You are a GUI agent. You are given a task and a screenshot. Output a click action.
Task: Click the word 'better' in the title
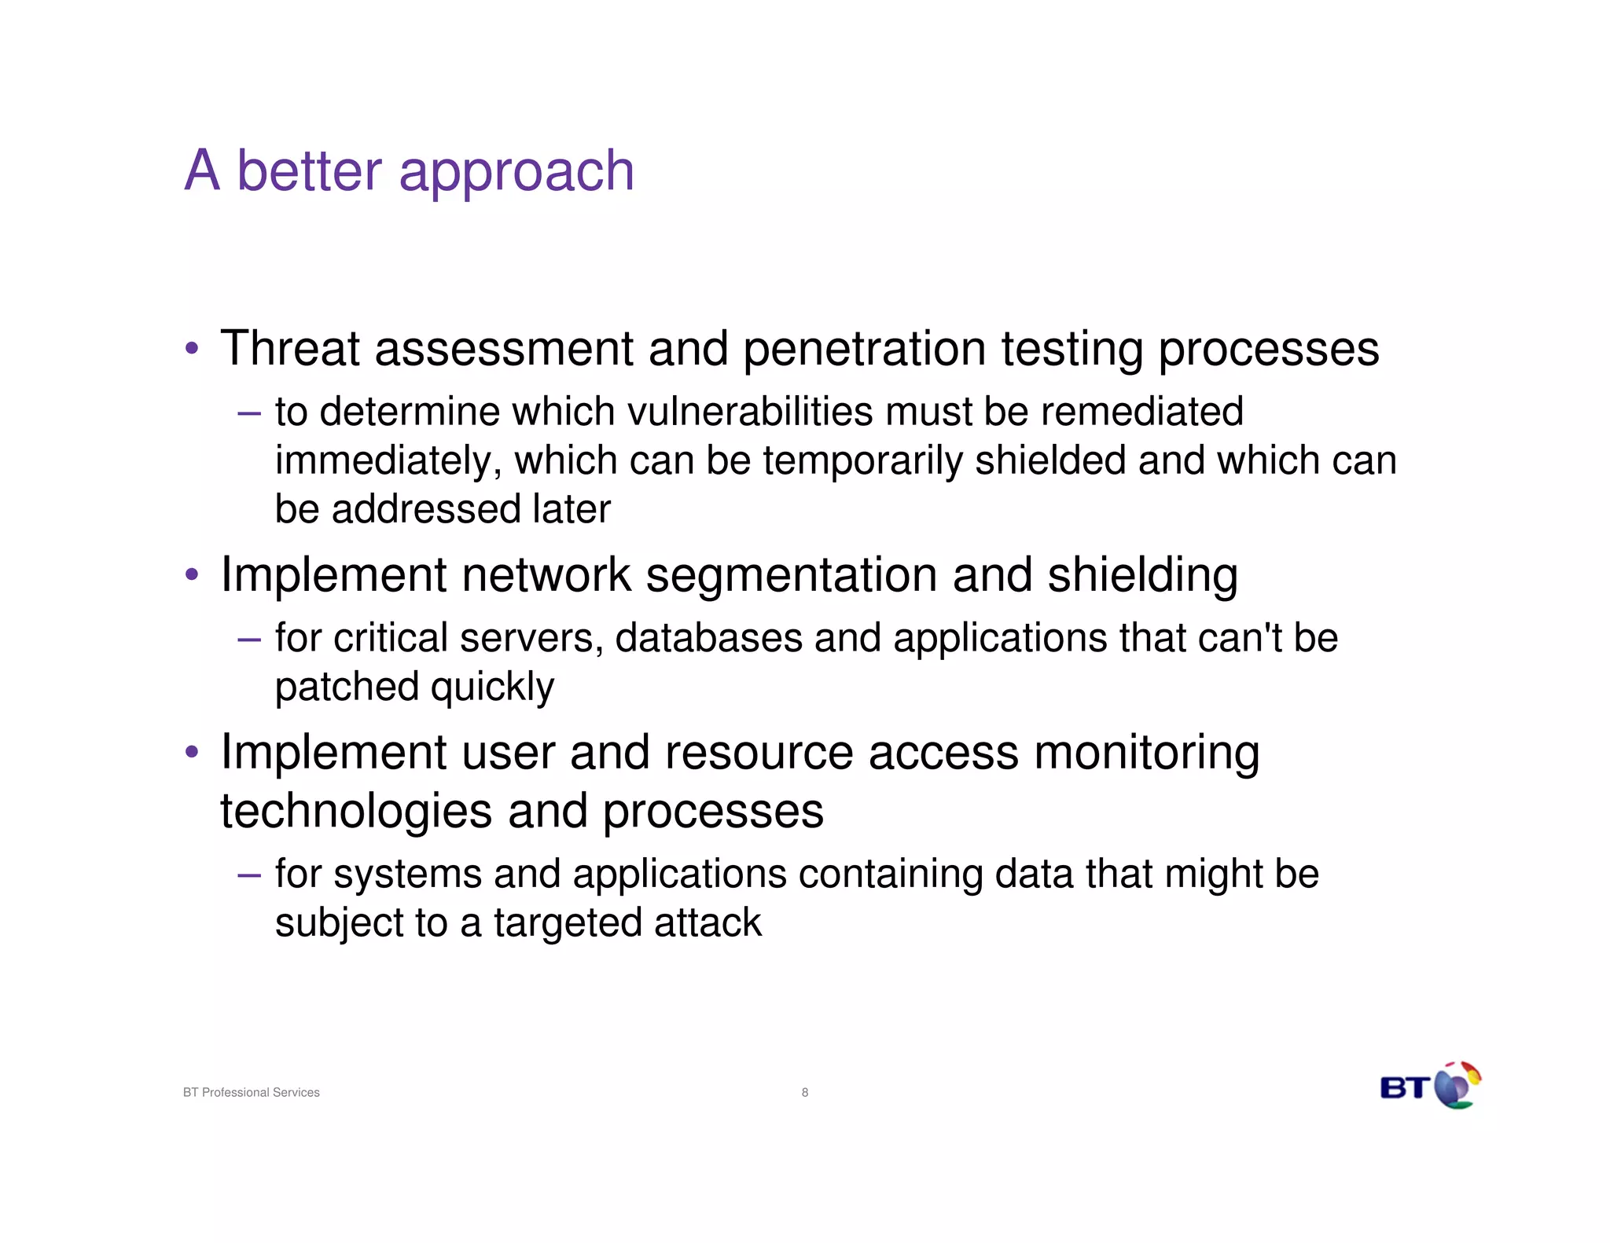click(x=309, y=170)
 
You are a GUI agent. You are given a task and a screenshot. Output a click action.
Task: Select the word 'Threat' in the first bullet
click(x=289, y=348)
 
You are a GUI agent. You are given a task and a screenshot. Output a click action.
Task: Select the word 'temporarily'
click(x=862, y=462)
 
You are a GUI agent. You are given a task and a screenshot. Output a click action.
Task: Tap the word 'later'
click(x=571, y=509)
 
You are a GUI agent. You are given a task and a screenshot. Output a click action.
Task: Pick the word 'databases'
click(x=708, y=637)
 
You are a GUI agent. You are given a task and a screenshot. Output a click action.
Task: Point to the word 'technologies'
click(x=356, y=812)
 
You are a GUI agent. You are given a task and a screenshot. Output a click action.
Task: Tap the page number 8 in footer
click(x=804, y=1092)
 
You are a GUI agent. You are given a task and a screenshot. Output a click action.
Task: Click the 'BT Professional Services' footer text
click(x=251, y=1092)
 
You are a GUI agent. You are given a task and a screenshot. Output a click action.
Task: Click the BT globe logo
click(x=1457, y=1086)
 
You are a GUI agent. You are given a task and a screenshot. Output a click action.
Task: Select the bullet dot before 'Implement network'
click(x=191, y=575)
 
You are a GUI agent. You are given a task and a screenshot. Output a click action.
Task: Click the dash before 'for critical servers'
click(x=248, y=639)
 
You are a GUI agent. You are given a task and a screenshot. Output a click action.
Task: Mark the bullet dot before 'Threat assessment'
click(x=191, y=349)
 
